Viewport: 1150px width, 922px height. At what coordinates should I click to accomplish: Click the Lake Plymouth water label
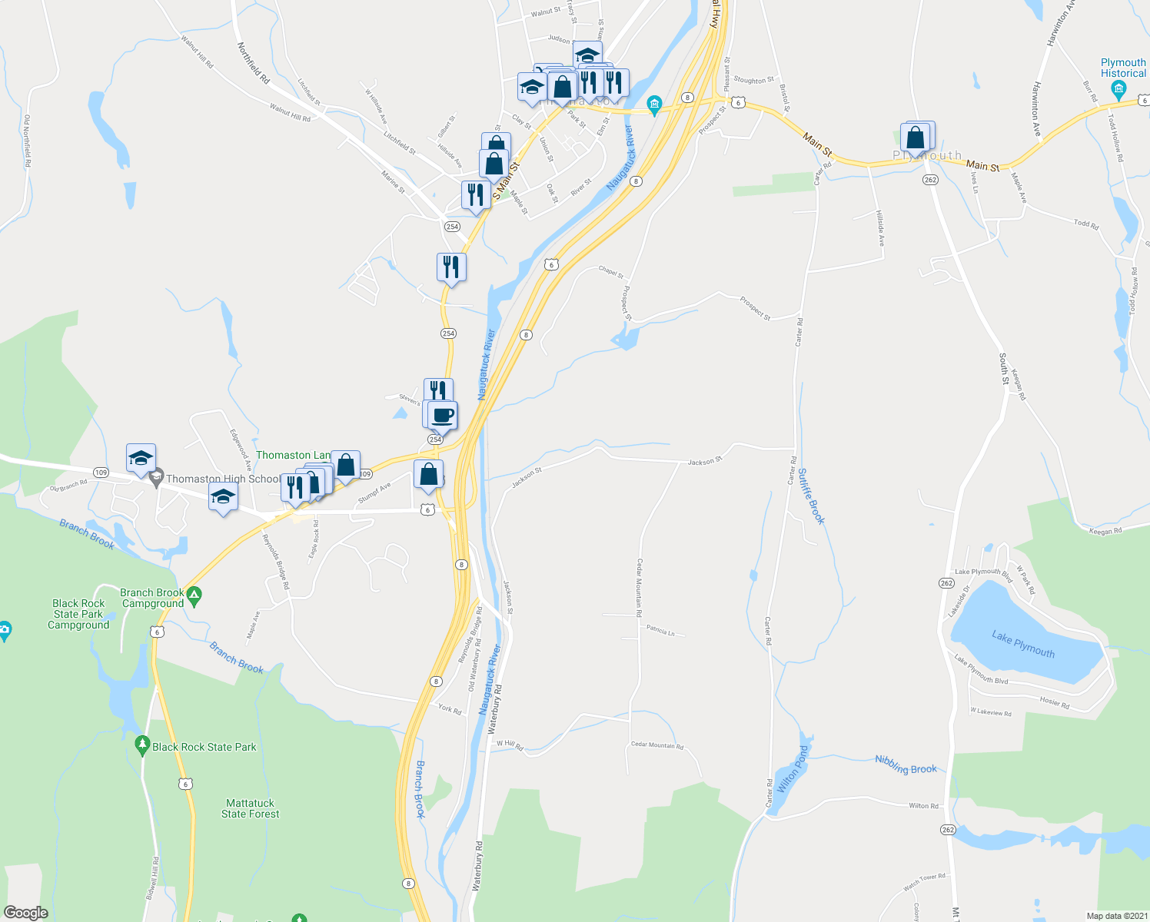(1023, 644)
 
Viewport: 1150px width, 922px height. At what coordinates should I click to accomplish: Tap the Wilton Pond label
(793, 768)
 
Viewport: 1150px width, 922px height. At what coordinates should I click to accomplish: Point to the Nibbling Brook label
(906, 764)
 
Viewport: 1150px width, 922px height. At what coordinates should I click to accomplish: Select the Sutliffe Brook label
(811, 496)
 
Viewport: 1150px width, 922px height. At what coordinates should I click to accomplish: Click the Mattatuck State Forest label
(250, 808)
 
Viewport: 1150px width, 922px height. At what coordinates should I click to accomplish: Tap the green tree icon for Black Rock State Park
(142, 745)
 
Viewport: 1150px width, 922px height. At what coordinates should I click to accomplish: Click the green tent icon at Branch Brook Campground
(194, 596)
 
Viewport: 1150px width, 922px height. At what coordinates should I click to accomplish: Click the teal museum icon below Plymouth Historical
(1118, 91)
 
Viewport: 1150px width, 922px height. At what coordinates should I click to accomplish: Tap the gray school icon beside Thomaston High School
(157, 478)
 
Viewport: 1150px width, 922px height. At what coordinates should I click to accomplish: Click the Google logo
(26, 912)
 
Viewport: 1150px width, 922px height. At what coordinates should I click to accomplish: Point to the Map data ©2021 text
(1116, 916)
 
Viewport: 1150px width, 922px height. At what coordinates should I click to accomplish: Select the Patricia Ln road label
(660, 632)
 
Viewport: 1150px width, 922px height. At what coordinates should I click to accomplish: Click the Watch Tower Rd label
(924, 881)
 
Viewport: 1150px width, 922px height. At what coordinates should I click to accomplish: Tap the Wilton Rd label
(923, 806)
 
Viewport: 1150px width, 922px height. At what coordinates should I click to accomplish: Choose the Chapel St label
(611, 271)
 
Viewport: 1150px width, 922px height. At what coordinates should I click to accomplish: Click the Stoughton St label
(753, 80)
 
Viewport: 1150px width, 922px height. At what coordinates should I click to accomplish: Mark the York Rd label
(450, 709)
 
